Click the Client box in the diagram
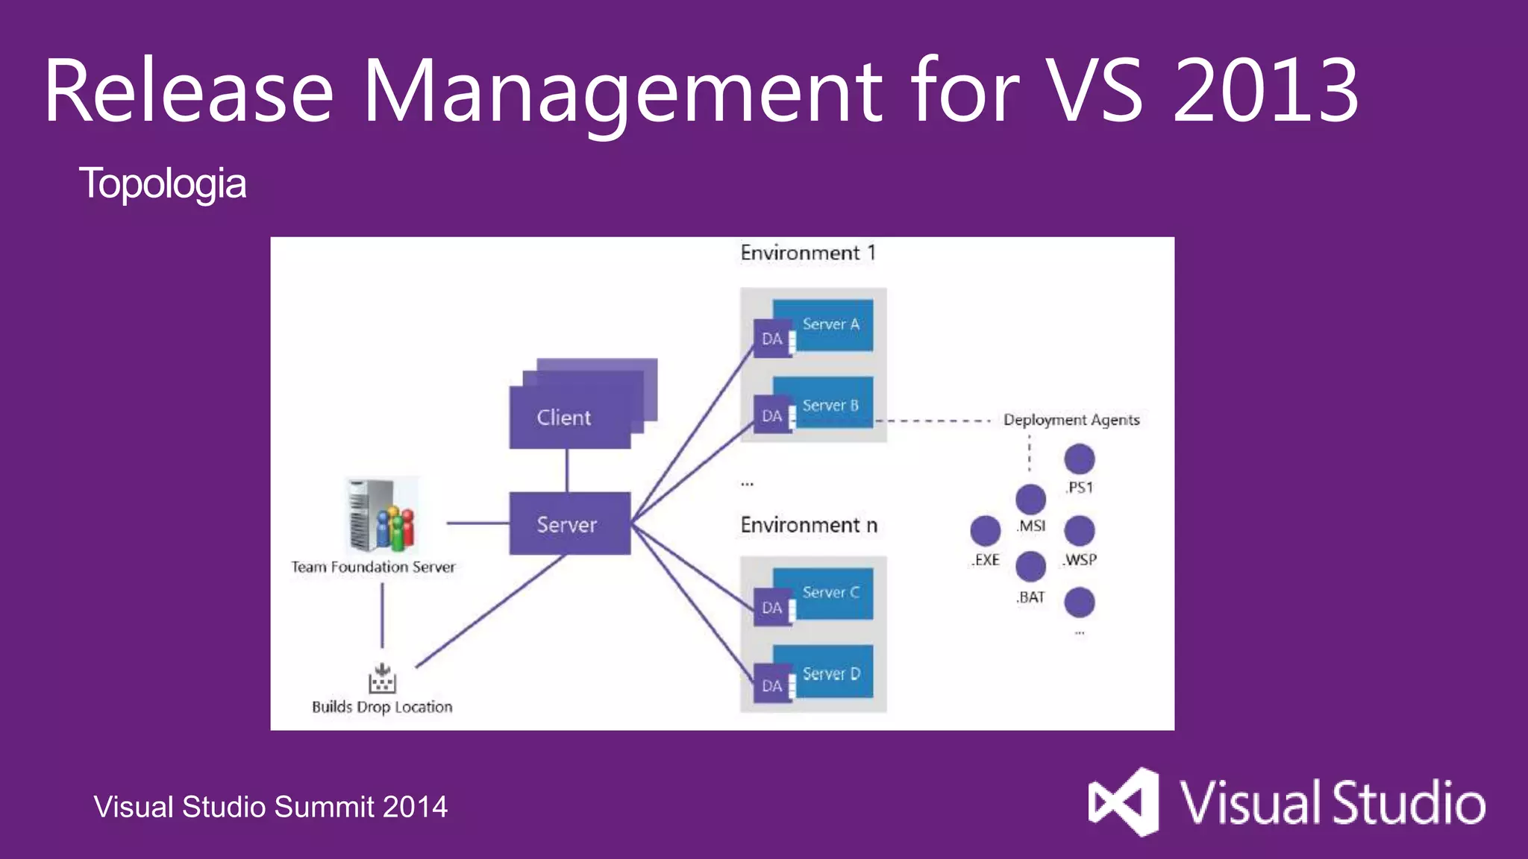[569, 418]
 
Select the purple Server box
[569, 523]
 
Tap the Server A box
[830, 324]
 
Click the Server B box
[830, 405]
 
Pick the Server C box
[830, 592]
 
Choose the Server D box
[830, 673]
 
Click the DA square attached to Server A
[771, 339]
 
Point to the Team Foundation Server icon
[381, 515]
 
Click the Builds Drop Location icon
[382, 679]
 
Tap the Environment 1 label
[807, 253]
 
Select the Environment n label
[808, 525]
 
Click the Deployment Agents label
[1071, 420]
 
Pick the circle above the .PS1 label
[1079, 459]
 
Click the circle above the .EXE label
[985, 530]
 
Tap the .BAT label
[1030, 597]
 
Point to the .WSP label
[1080, 560]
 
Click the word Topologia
[162, 183]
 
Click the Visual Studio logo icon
[1124, 802]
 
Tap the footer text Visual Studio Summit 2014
[270, 807]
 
